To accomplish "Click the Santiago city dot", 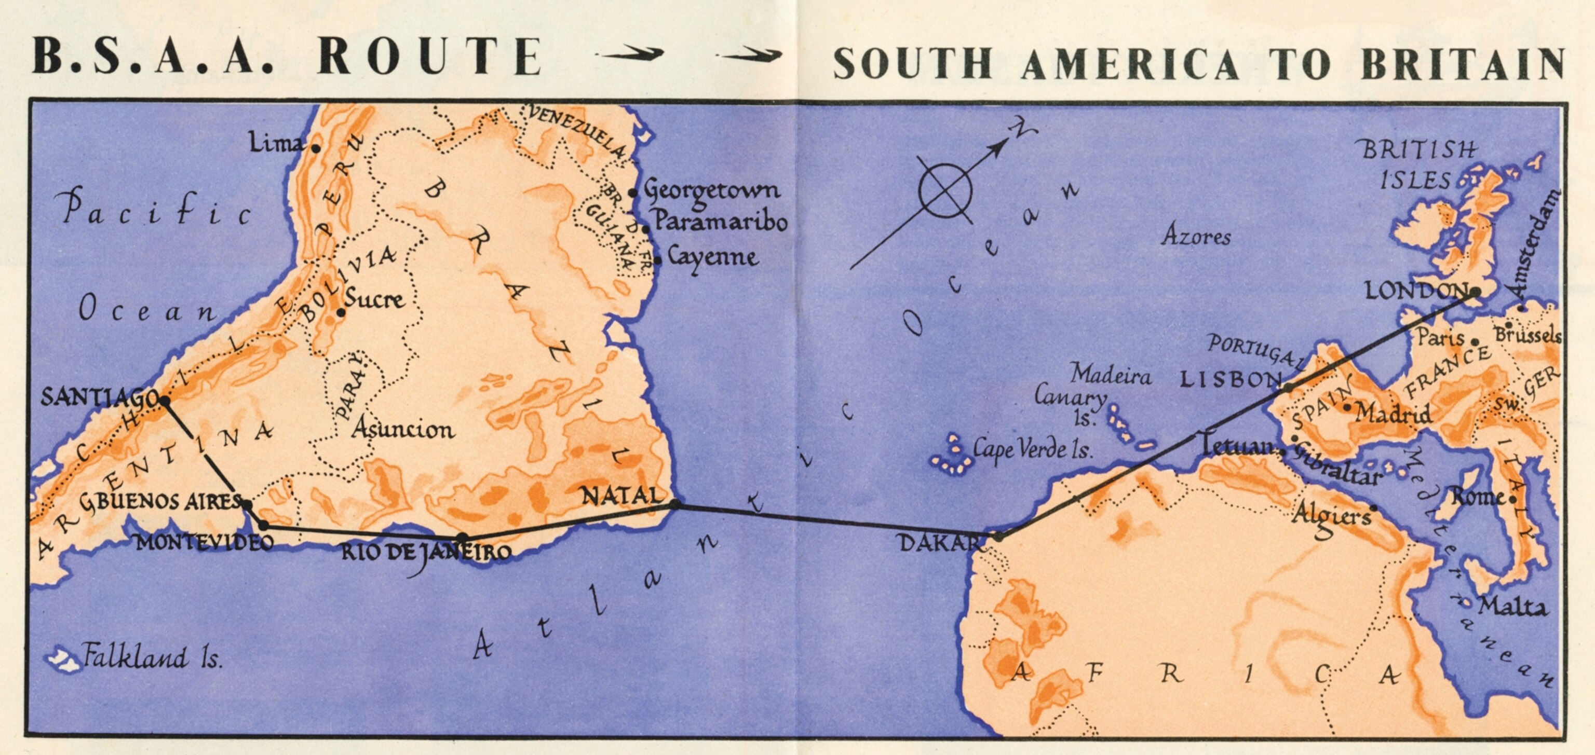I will (x=165, y=401).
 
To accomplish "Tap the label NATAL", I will (x=623, y=495).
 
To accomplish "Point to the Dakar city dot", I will (x=998, y=537).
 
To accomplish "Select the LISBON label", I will (x=1229, y=379).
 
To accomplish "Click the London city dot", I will (x=1476, y=292).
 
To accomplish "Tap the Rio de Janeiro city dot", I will (x=462, y=537).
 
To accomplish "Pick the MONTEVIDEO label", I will (x=205, y=543).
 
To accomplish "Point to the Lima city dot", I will (x=316, y=148).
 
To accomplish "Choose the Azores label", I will (x=1196, y=236).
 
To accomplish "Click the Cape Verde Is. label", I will (x=1032, y=449).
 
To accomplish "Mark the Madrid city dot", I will (x=1347, y=407).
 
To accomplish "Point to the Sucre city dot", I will (x=341, y=313).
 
